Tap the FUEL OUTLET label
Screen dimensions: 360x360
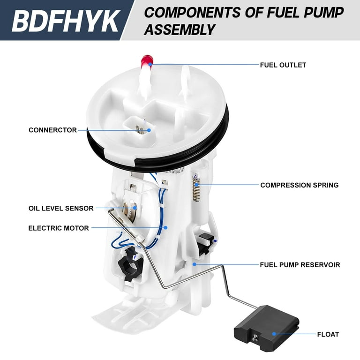(283, 65)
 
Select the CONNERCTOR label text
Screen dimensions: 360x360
(52, 130)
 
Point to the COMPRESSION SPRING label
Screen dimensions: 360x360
(299, 185)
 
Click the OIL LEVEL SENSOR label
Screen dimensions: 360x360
(61, 208)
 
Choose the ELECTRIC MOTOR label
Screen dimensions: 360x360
(59, 228)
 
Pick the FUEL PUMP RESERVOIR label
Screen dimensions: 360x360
(300, 265)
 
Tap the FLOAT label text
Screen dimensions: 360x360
(328, 334)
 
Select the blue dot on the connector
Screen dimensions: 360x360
(149, 130)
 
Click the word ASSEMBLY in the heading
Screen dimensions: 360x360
(180, 30)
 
